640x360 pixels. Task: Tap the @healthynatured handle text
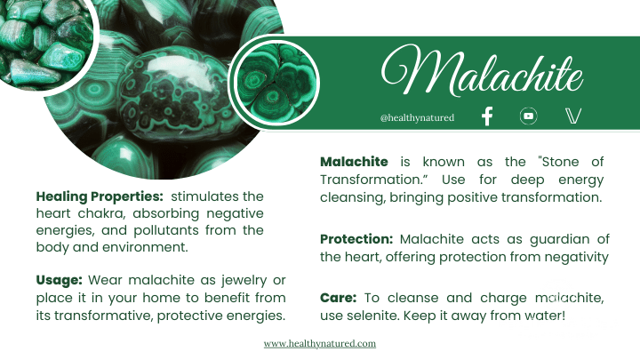(x=417, y=117)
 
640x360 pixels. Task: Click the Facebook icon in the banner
(x=486, y=116)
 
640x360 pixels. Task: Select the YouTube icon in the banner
(x=529, y=116)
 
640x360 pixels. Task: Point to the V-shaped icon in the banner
(x=572, y=116)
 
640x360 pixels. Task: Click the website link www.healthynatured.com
(x=320, y=343)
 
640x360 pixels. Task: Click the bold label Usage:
(x=60, y=281)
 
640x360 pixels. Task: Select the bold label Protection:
(x=356, y=240)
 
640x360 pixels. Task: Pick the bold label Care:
(x=337, y=299)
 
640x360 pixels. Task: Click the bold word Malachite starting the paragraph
(x=354, y=162)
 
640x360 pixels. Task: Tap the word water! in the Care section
(x=543, y=316)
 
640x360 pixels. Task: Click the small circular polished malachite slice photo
(x=275, y=84)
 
